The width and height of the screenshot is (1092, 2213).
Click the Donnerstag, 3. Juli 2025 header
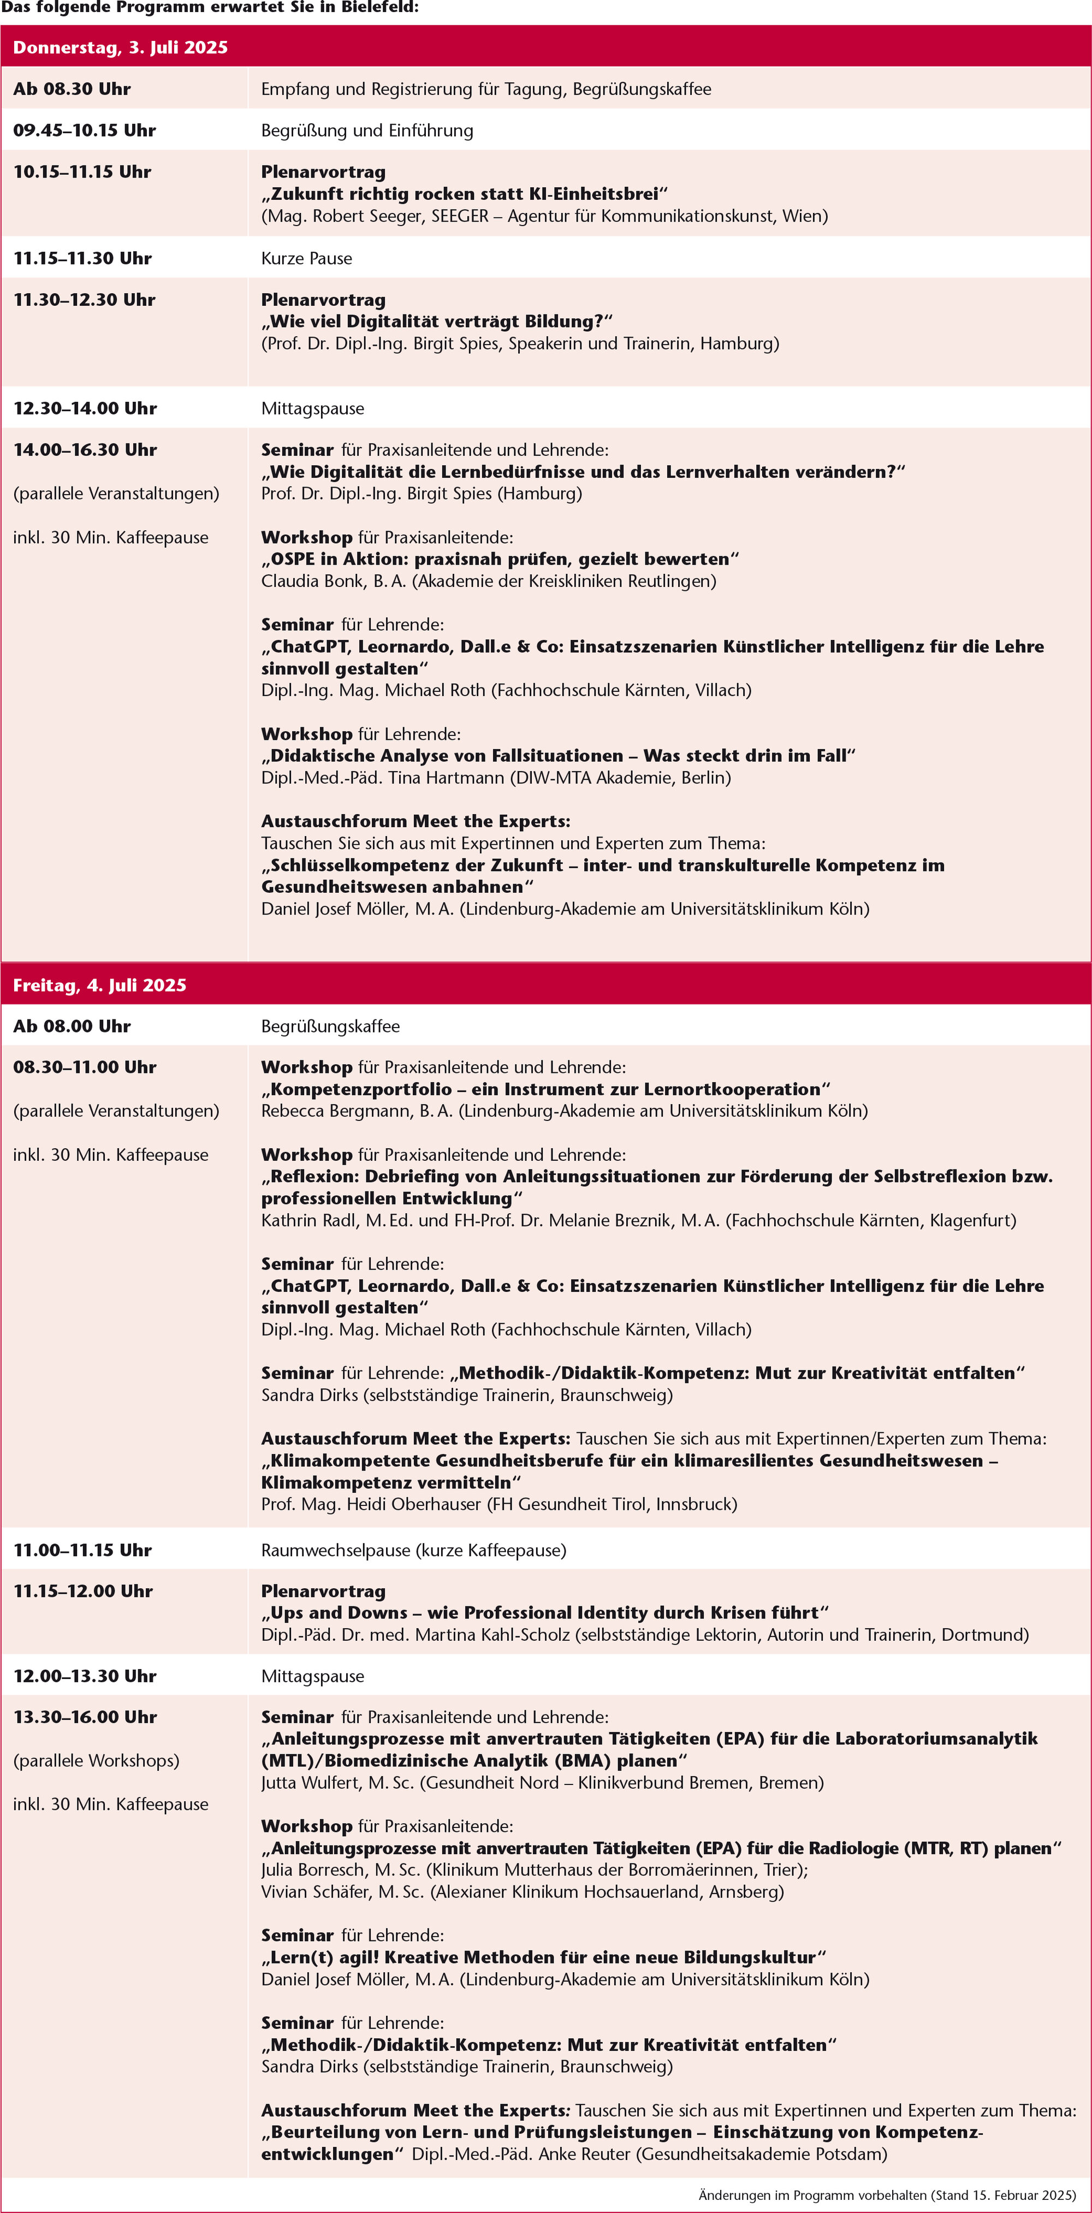click(x=120, y=48)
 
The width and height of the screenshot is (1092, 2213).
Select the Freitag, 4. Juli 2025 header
click(x=100, y=984)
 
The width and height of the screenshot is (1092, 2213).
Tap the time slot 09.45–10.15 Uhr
click(x=84, y=130)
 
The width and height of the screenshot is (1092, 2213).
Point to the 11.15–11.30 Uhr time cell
click(x=82, y=258)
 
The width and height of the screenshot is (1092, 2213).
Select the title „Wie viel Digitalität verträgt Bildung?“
click(x=436, y=321)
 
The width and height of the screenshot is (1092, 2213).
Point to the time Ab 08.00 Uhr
click(x=72, y=1026)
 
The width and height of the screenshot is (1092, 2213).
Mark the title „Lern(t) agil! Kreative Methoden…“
click(x=543, y=1957)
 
